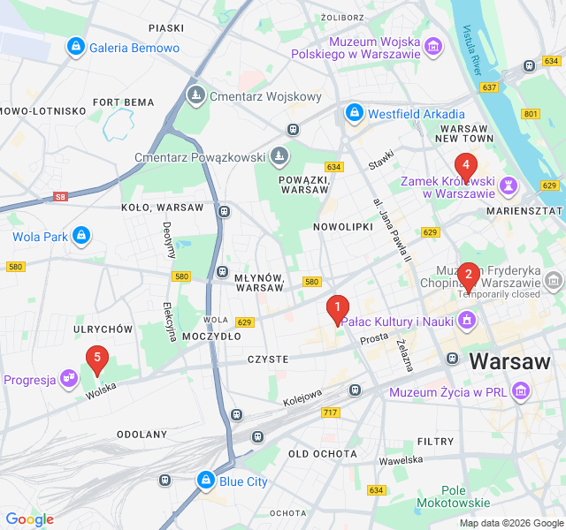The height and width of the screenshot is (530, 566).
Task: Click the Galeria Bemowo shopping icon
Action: (76, 47)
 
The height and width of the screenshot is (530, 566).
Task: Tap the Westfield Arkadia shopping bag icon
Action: (355, 113)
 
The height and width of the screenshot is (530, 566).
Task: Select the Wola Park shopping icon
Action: (82, 236)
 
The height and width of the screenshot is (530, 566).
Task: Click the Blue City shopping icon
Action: (205, 481)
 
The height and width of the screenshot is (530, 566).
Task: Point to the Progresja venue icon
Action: (68, 380)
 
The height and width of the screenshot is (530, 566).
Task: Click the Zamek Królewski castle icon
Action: (509, 186)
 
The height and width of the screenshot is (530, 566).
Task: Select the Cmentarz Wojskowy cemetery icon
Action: (194, 95)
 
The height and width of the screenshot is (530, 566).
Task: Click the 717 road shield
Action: (331, 413)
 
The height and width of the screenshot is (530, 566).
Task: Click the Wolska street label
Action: (102, 390)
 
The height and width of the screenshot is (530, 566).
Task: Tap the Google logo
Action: (29, 519)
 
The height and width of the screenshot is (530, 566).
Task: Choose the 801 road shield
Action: (530, 113)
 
